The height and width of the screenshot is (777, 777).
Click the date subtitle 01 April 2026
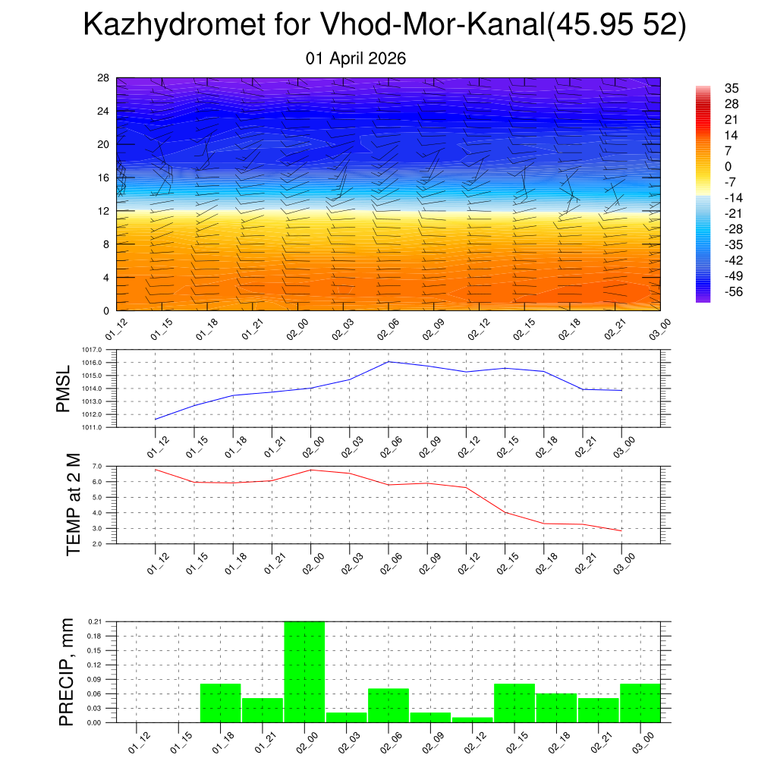[x=356, y=58]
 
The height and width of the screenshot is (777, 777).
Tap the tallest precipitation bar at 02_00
[x=304, y=672]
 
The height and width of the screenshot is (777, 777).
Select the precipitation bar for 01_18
[x=220, y=703]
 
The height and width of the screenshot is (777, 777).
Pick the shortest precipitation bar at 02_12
[x=473, y=719]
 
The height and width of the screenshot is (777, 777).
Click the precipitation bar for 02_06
[x=388, y=705]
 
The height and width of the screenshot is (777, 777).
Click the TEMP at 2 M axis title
[x=73, y=505]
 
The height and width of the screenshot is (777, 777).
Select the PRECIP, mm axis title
[x=67, y=672]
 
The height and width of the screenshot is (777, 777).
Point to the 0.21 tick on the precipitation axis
[x=95, y=621]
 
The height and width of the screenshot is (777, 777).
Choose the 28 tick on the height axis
[x=103, y=78]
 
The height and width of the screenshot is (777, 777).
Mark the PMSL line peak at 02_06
[x=388, y=361]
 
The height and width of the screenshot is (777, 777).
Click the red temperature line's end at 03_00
[x=621, y=530]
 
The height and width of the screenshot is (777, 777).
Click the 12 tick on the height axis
[x=103, y=211]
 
